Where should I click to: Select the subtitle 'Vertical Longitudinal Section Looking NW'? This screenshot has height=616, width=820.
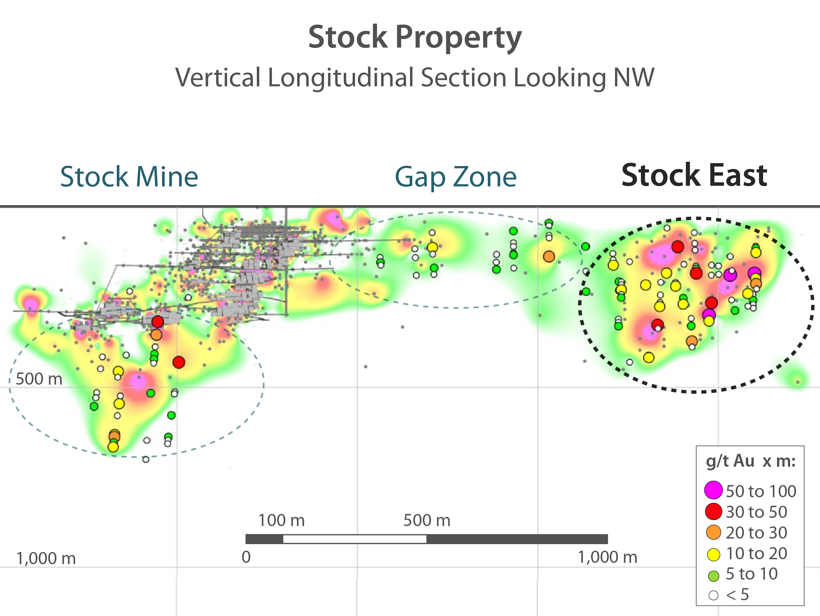click(415, 77)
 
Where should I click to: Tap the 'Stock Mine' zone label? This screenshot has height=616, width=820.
click(129, 177)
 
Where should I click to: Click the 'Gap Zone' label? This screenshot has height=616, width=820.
click(456, 177)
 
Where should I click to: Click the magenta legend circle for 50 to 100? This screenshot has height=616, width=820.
click(713, 490)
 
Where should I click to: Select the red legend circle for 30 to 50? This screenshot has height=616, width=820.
click(713, 511)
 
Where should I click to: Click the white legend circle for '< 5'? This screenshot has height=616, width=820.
click(713, 596)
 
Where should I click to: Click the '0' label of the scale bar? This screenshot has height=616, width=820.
click(246, 557)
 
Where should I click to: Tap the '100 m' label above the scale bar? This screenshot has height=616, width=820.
click(281, 520)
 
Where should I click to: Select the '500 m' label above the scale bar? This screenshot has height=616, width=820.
click(427, 520)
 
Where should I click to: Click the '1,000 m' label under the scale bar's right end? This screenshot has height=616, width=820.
click(607, 557)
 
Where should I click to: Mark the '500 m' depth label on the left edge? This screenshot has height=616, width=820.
click(39, 379)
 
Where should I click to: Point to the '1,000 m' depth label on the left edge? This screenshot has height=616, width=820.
click(46, 559)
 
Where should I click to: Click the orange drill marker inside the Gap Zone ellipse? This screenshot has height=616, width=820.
click(549, 256)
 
